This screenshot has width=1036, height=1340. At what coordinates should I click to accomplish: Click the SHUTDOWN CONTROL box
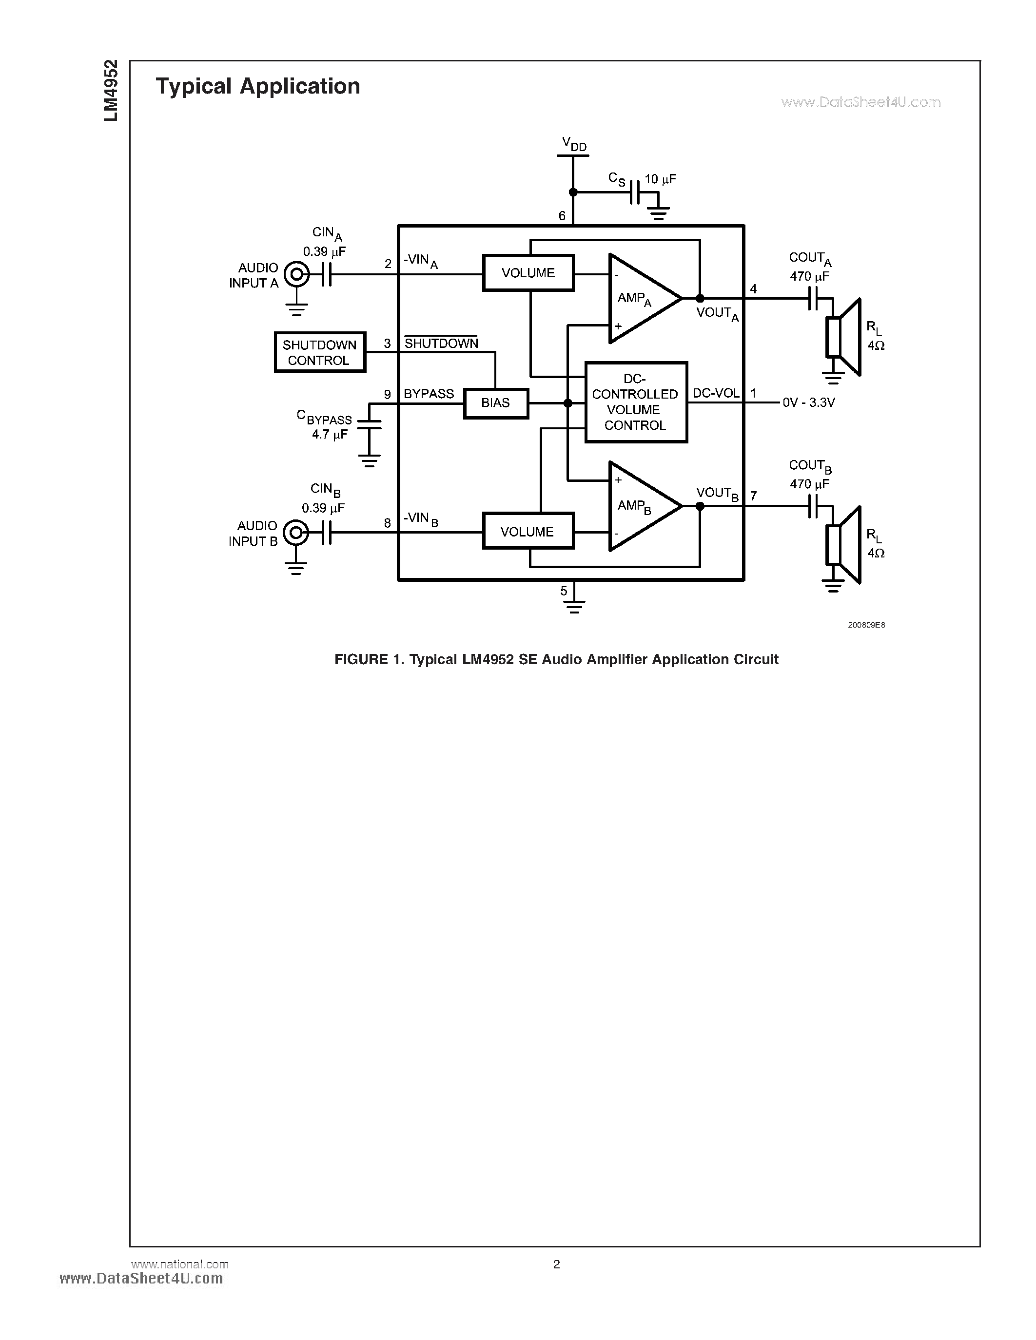(320, 352)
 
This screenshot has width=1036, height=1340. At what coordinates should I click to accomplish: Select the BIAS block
(496, 403)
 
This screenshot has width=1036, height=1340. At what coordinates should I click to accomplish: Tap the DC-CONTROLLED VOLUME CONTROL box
(636, 402)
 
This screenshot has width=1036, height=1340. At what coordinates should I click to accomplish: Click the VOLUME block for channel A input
(528, 273)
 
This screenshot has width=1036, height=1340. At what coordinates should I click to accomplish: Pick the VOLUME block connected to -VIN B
(528, 531)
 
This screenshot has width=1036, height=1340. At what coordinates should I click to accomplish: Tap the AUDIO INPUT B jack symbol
(296, 533)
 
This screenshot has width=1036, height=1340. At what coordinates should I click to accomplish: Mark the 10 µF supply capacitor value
(661, 179)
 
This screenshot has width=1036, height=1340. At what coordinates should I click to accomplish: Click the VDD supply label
(574, 144)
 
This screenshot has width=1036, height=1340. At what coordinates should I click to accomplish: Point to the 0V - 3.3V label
(808, 403)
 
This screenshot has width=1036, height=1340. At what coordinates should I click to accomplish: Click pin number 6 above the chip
(562, 216)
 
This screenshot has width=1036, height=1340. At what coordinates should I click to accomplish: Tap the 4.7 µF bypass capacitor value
(330, 434)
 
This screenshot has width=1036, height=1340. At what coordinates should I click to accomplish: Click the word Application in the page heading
(299, 86)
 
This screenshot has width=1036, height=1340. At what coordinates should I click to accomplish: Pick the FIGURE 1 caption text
(556, 660)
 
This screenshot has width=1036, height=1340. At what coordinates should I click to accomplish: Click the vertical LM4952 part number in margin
(111, 90)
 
